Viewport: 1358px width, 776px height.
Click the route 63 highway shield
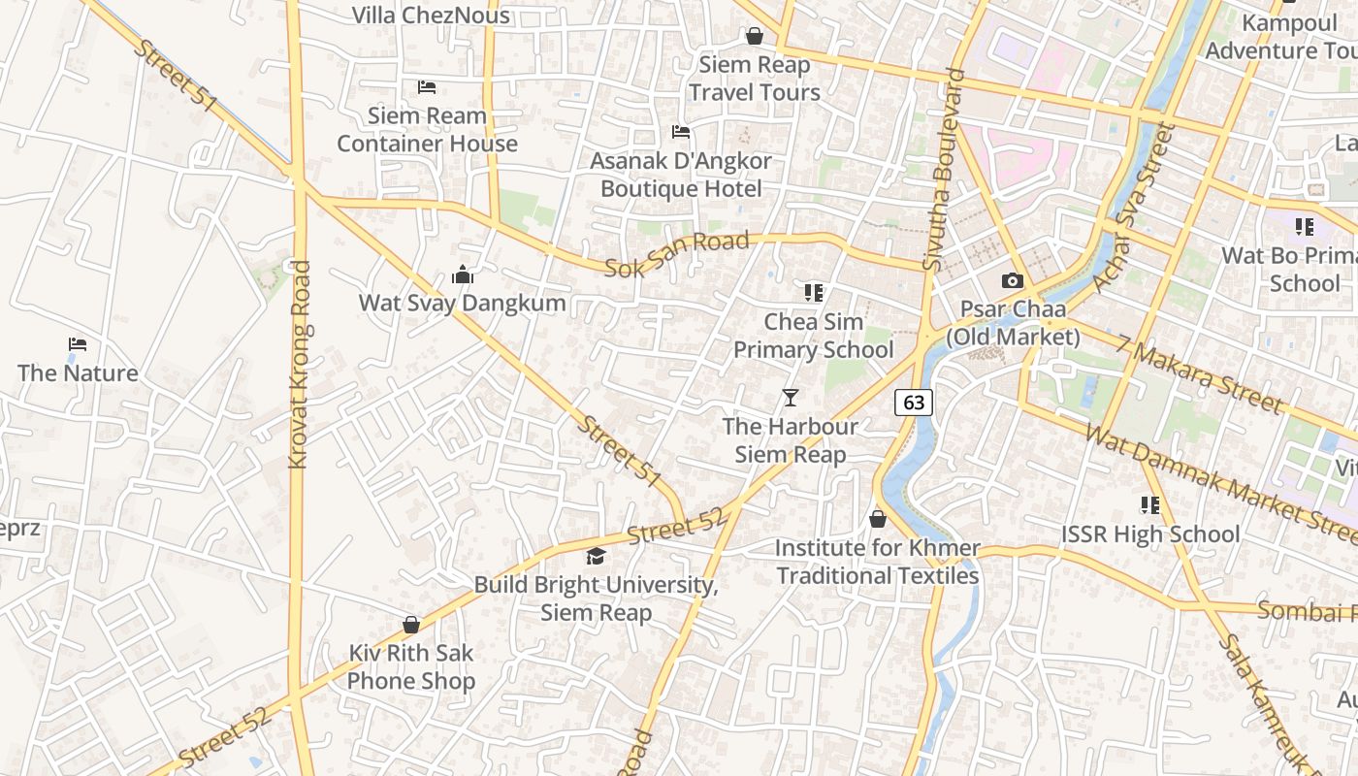point(914,402)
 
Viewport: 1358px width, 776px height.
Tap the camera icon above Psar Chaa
point(1012,281)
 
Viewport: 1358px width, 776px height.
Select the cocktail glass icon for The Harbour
point(791,398)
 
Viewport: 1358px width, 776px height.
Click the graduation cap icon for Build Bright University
point(596,557)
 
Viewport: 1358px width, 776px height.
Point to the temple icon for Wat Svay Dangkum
point(463,275)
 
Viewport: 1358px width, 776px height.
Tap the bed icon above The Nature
point(78,344)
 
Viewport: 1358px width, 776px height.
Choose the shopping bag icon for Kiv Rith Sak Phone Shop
point(411,625)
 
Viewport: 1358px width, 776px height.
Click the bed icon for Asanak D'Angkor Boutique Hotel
point(681,132)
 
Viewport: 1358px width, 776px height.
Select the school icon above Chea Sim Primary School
point(813,292)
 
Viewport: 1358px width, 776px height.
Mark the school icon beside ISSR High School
point(1149,505)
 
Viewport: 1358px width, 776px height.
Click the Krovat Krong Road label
point(301,364)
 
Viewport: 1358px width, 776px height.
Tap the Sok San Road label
point(677,254)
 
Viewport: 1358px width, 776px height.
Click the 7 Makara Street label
point(1199,374)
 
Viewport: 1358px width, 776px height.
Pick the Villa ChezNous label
point(430,16)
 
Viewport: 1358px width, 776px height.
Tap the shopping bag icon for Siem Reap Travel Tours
point(754,37)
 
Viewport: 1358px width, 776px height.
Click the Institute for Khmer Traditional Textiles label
point(878,562)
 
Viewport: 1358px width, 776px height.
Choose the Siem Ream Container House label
point(427,130)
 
